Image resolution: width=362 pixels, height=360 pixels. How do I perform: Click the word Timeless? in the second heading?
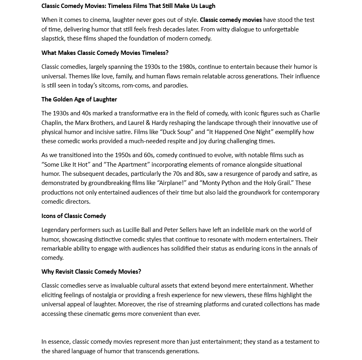[155, 53]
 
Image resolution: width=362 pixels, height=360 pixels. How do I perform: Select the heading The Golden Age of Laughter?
[79, 99]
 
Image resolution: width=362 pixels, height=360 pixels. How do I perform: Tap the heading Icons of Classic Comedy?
[74, 216]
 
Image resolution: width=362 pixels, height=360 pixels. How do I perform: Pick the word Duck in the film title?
[168, 132]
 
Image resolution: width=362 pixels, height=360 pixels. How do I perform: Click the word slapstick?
[54, 39]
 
